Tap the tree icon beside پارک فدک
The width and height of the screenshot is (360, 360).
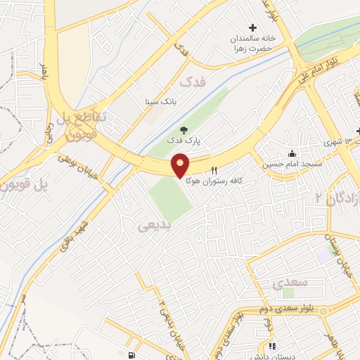coord(184,129)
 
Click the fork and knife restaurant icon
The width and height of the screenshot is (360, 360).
coord(214,170)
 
